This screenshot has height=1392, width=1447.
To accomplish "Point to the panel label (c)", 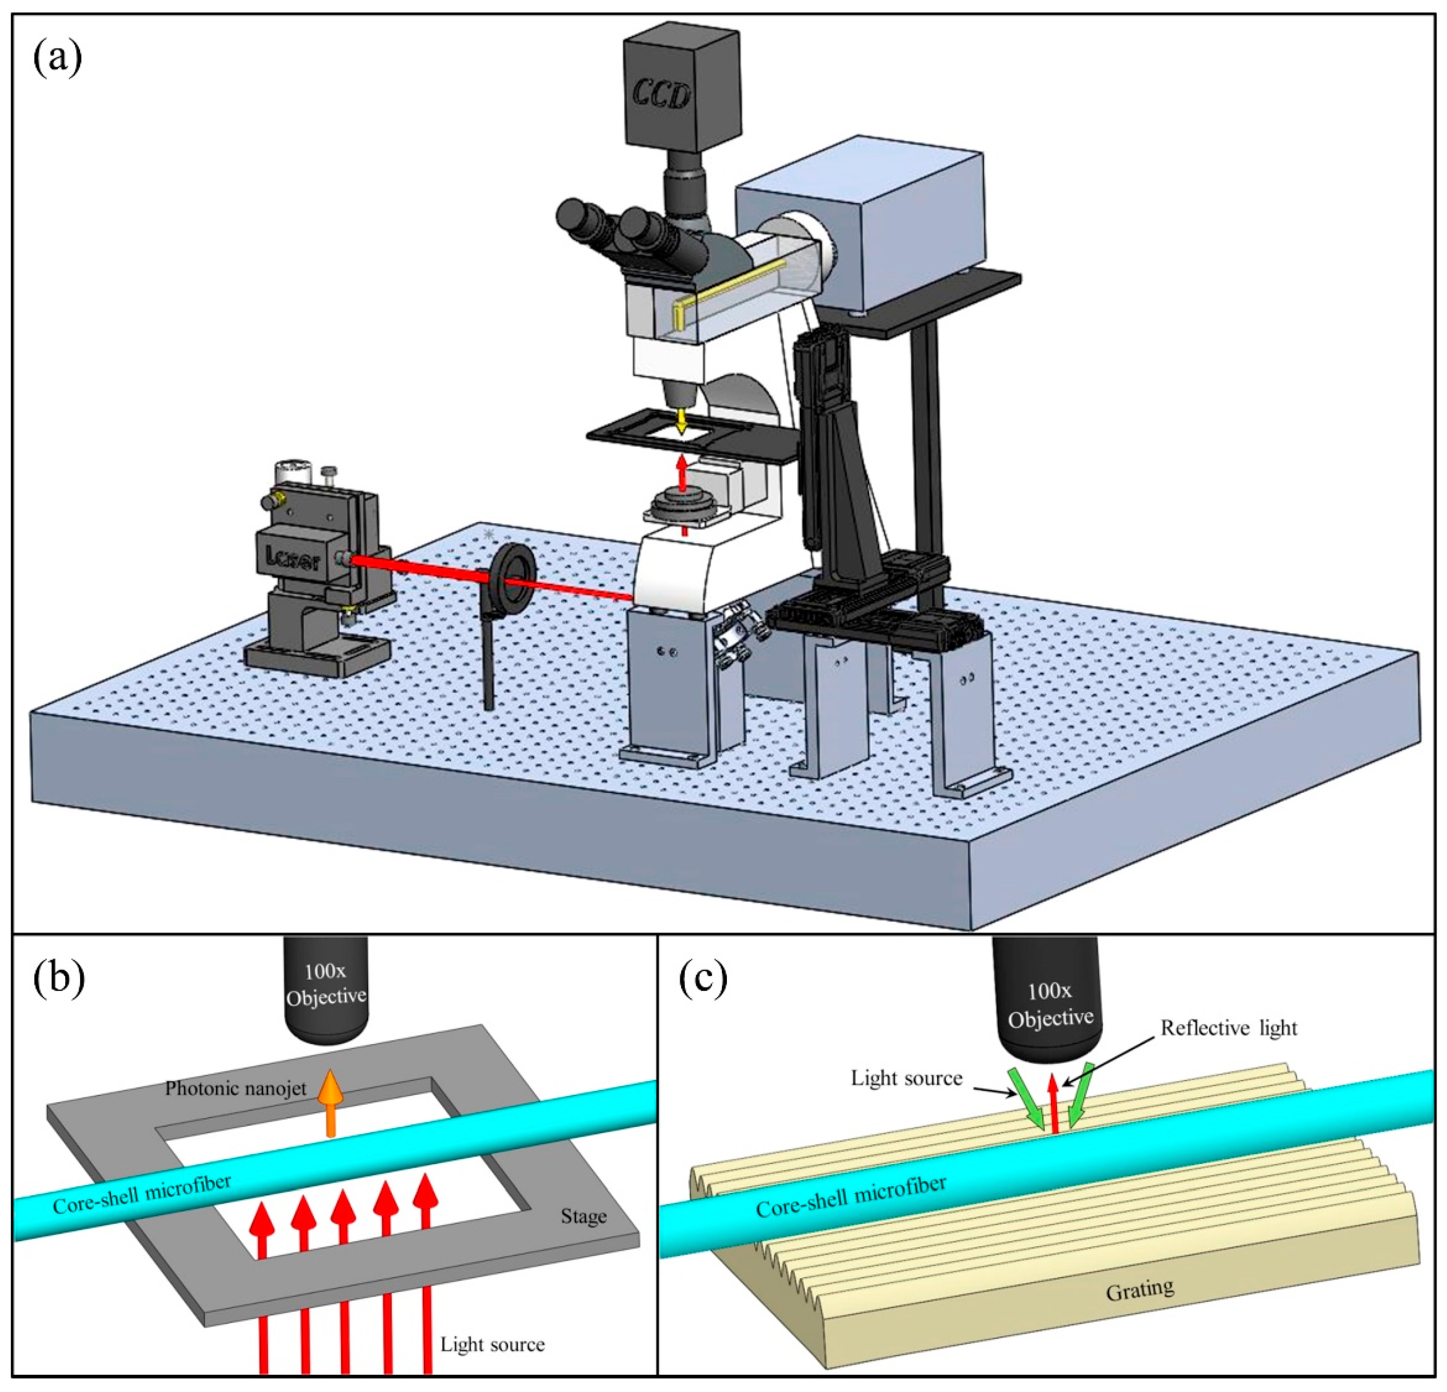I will click(x=703, y=978).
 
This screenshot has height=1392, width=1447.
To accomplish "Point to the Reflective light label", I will click(x=1228, y=1028).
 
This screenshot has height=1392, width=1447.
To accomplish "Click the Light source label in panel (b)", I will click(x=492, y=1344).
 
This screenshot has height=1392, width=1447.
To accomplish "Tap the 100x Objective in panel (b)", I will click(x=326, y=988).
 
